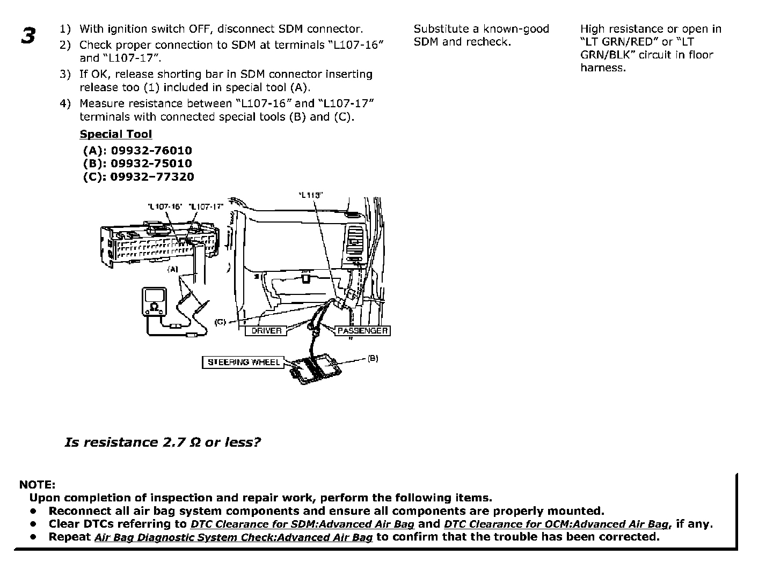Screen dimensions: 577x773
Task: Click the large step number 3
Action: [x=28, y=35]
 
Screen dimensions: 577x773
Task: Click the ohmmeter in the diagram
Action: [x=154, y=301]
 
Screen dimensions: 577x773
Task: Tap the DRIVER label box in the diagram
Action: [x=266, y=331]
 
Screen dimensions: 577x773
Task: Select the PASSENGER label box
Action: [x=362, y=331]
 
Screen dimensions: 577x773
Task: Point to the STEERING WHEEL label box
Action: [x=243, y=363]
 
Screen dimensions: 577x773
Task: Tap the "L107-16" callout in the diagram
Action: [x=165, y=206]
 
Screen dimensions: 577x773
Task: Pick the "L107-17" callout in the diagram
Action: [x=206, y=206]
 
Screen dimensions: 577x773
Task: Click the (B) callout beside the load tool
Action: [x=373, y=358]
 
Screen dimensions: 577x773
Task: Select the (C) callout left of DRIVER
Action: [x=220, y=322]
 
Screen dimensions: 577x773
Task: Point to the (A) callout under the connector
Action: [x=172, y=269]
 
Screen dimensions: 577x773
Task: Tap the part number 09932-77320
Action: [x=152, y=176]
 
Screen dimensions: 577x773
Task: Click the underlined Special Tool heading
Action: [x=115, y=135]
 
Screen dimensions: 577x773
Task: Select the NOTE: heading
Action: [x=37, y=485]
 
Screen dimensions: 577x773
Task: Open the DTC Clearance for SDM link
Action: [x=302, y=524]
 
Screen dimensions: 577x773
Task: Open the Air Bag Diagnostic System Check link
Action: [x=233, y=537]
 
